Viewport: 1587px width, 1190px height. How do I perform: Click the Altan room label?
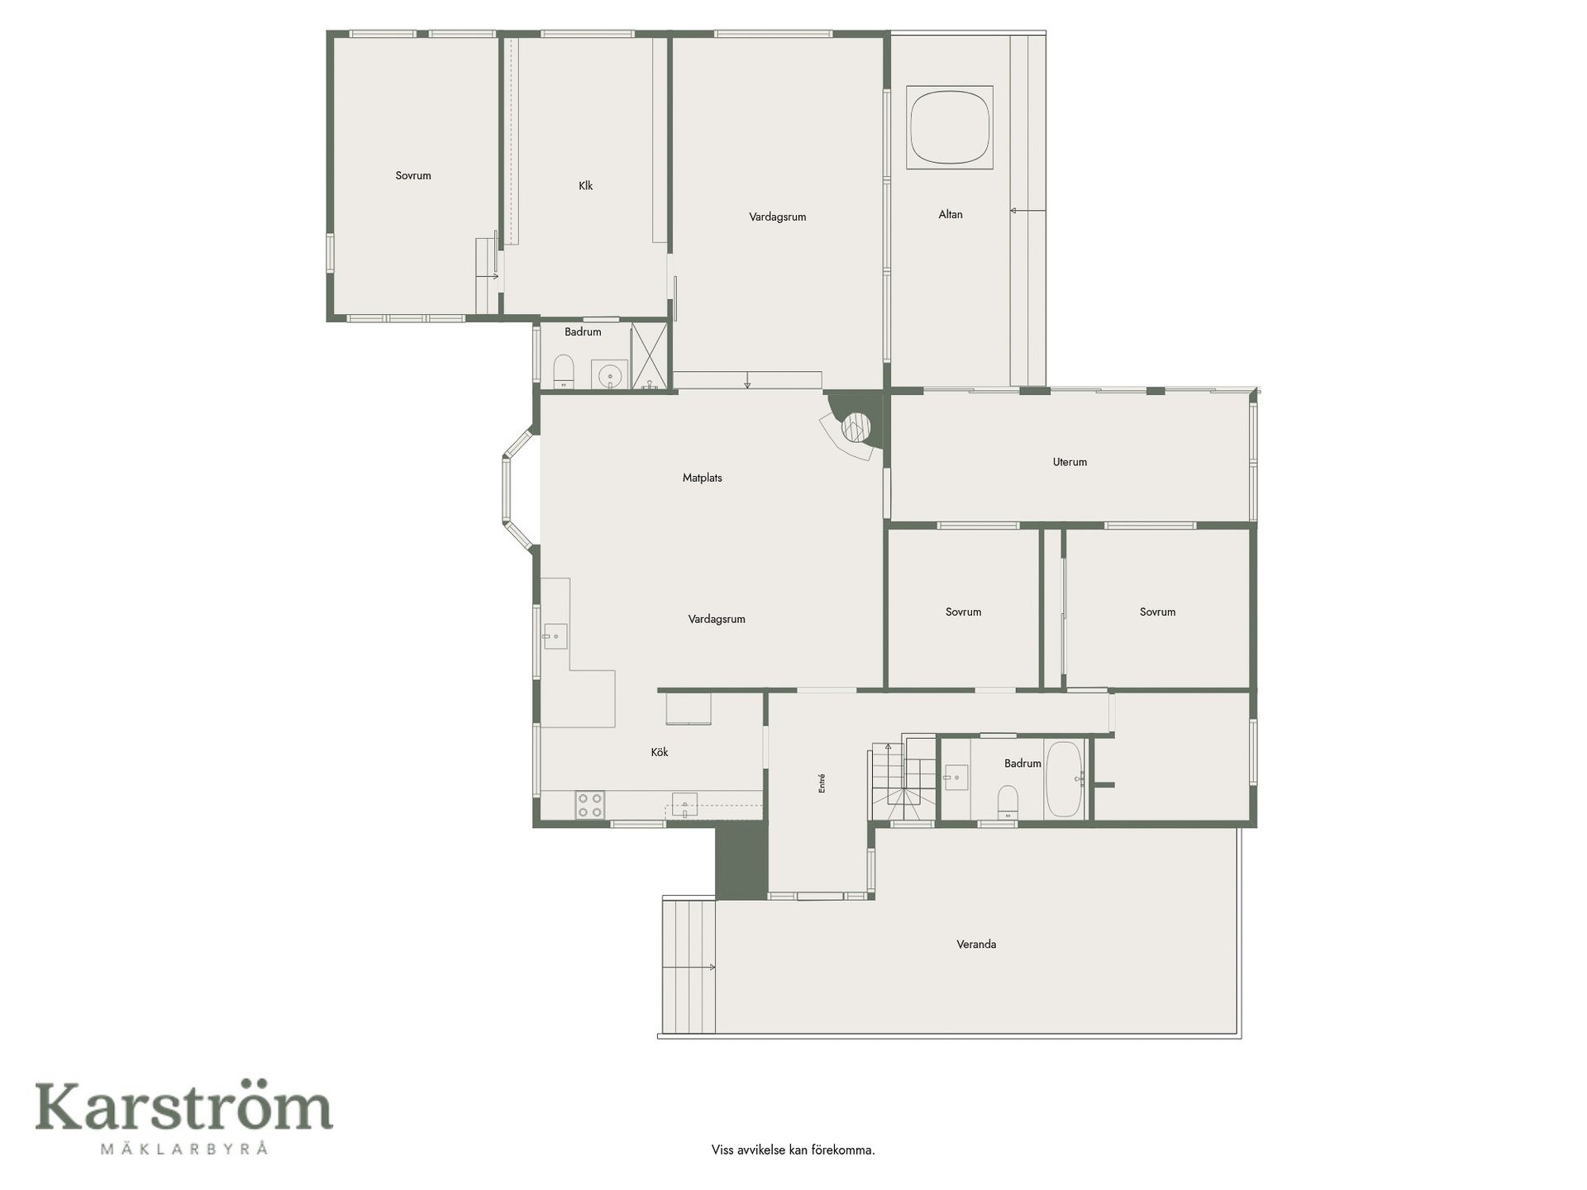(951, 214)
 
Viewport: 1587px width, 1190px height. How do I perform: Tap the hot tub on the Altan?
(950, 127)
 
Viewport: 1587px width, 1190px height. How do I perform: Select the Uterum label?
(1070, 462)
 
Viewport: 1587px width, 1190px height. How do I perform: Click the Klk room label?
(586, 186)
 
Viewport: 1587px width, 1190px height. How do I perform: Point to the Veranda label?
(976, 944)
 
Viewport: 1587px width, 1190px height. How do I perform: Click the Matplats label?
(703, 478)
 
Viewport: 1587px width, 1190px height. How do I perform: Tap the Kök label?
(660, 752)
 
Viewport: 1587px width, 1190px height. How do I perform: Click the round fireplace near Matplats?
(855, 428)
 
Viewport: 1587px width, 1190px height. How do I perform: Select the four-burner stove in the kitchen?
(590, 805)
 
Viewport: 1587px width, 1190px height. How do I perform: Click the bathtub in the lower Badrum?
(1065, 779)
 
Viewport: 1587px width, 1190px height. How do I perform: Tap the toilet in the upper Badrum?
(563, 371)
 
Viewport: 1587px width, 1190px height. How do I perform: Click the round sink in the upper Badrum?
(610, 374)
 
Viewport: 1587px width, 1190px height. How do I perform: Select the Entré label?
(822, 783)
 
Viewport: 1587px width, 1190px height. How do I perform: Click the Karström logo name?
(183, 1107)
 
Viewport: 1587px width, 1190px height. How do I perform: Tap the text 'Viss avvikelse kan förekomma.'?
(793, 1150)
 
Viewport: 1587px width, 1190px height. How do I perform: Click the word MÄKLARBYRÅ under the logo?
(183, 1148)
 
